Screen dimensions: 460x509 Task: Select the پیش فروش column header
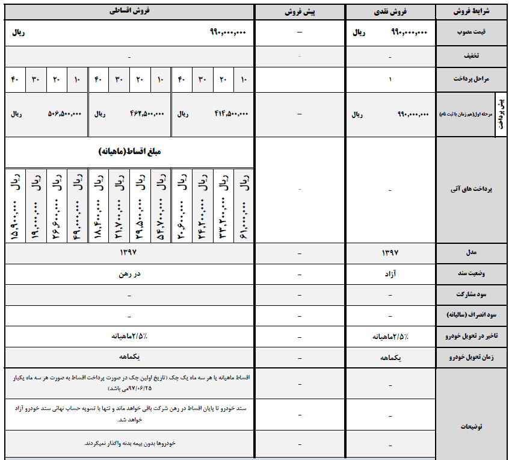[x=300, y=11]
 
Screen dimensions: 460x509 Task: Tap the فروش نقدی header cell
[x=390, y=11]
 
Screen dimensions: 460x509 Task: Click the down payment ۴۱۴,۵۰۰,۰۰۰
[x=231, y=113]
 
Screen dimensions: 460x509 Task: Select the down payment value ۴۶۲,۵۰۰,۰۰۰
[x=147, y=113]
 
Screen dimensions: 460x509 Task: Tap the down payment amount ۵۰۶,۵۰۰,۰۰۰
[x=64, y=113]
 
